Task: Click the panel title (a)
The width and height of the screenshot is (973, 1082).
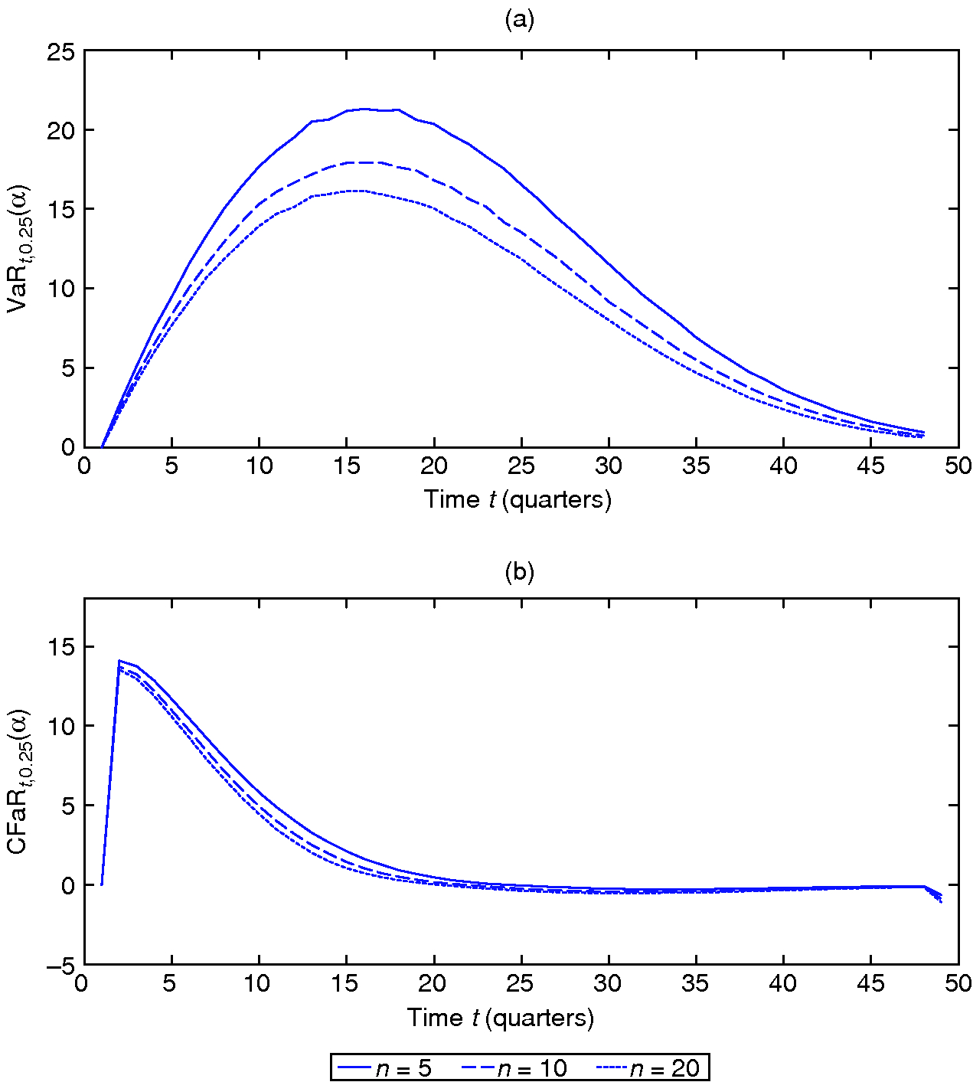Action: pos(519,20)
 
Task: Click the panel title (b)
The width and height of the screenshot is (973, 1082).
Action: pos(519,572)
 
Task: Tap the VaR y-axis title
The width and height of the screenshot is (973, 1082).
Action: pos(18,249)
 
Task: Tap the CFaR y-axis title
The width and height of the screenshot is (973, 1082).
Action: pos(18,781)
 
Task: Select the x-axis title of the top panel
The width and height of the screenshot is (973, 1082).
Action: pos(518,500)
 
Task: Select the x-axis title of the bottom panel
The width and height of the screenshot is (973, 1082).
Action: pos(500,1018)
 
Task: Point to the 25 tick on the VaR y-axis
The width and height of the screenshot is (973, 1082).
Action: pos(60,52)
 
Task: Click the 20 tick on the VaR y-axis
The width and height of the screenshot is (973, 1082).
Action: pos(60,131)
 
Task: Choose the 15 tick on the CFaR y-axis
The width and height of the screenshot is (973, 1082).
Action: pos(60,648)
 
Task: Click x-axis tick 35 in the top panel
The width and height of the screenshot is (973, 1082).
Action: pos(696,466)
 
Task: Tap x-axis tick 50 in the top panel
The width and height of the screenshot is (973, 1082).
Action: pos(958,466)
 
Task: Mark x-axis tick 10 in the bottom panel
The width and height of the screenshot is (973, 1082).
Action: pos(257,983)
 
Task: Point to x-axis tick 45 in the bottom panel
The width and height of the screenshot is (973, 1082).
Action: pos(870,983)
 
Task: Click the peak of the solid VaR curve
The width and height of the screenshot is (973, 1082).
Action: pos(364,109)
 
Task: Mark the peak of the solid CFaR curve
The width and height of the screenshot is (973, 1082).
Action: pos(119,660)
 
